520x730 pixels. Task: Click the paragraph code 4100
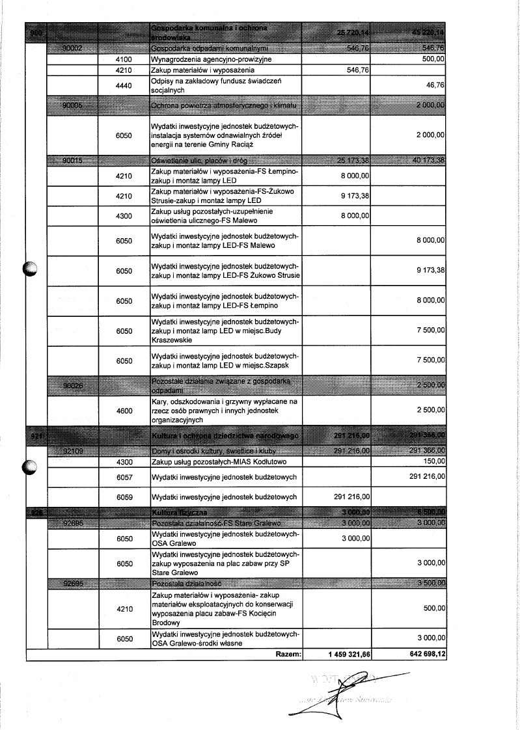(x=124, y=59)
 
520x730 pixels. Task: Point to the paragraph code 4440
(x=124, y=85)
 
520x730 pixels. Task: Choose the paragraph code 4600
(x=124, y=411)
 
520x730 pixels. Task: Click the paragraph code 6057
(x=124, y=477)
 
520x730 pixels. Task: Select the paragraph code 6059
(x=124, y=497)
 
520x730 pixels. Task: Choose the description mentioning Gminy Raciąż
(x=225, y=135)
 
